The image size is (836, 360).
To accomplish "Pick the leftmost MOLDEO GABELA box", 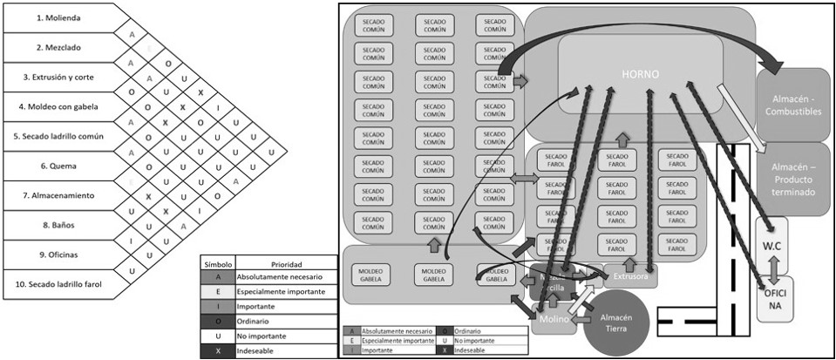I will tap(372, 275).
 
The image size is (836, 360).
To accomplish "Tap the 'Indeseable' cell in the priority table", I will tap(274, 352).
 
